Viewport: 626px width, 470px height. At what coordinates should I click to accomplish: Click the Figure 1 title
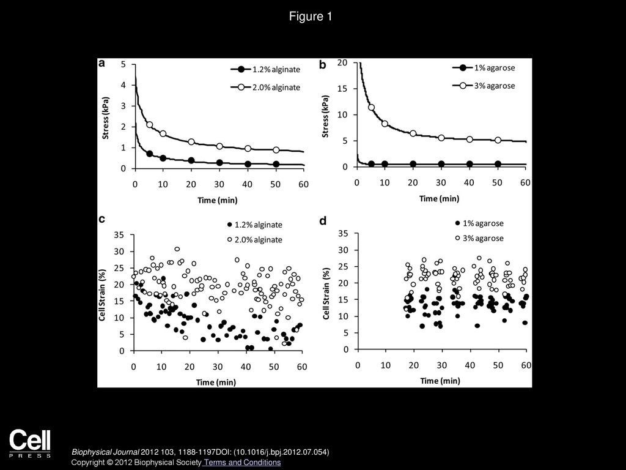(311, 17)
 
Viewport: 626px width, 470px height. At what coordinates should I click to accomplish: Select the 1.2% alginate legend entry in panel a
(265, 69)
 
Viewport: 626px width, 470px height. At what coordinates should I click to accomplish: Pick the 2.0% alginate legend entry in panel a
(265, 87)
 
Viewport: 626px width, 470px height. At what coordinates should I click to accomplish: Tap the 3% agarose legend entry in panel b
(484, 86)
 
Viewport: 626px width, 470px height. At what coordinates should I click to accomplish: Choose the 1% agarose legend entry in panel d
(479, 223)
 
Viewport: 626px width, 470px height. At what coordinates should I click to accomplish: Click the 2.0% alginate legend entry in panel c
(255, 239)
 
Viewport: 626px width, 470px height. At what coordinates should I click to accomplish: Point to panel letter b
(323, 65)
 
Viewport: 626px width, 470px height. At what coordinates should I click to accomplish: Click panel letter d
(323, 220)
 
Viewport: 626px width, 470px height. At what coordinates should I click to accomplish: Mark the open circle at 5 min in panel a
(149, 125)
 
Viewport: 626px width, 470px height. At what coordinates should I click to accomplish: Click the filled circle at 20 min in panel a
(191, 160)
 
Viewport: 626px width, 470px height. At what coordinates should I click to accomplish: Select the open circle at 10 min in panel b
(385, 124)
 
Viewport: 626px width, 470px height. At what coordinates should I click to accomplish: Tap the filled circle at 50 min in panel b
(498, 164)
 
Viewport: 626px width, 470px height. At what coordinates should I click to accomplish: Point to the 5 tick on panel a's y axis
(123, 64)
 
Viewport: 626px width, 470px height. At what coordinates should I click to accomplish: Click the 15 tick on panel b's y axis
(342, 89)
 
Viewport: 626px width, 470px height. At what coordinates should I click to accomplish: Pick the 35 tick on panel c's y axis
(119, 234)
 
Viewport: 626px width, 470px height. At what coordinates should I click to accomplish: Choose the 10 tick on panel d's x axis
(385, 365)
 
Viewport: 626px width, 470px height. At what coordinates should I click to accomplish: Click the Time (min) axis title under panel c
(216, 382)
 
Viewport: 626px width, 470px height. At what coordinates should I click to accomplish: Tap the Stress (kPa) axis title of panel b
(326, 116)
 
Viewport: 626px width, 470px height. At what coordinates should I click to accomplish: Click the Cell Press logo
(30, 444)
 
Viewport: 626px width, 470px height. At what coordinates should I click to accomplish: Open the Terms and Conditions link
(242, 463)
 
